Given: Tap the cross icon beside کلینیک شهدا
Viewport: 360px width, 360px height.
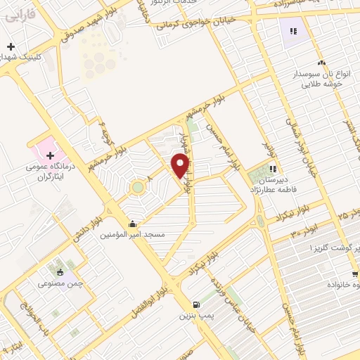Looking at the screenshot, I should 11,46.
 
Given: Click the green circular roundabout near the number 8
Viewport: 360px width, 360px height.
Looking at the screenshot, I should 137,188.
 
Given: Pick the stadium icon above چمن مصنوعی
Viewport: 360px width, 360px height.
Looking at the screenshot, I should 60,272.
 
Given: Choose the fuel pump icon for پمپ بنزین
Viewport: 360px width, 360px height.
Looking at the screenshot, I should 196,305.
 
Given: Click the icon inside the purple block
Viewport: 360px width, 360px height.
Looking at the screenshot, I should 293,30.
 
